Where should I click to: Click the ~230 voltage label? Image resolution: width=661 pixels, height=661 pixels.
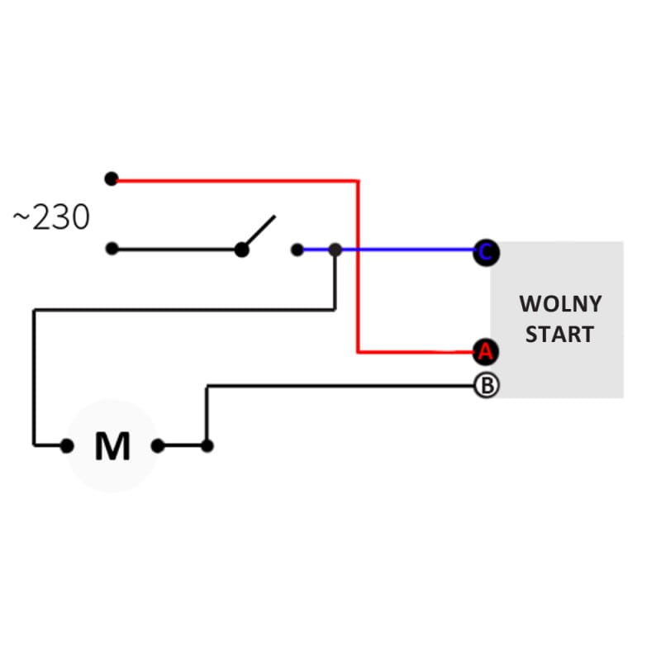point(51,218)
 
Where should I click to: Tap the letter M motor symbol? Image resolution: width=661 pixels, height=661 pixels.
point(112,446)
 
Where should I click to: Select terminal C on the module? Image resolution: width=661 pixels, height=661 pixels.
point(485,252)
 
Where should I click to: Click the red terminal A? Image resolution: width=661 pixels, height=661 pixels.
point(485,352)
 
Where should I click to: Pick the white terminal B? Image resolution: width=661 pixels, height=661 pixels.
point(486,385)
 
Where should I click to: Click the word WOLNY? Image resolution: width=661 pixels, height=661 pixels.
point(560,304)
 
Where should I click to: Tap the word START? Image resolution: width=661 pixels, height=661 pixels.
point(559,335)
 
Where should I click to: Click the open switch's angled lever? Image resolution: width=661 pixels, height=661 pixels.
point(259,231)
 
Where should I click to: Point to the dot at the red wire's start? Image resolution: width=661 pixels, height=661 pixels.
point(112,179)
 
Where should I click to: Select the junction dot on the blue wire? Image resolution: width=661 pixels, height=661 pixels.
point(335,250)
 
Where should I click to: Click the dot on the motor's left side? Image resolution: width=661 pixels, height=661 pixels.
point(67,446)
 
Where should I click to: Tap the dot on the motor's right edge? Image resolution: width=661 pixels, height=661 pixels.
point(157,446)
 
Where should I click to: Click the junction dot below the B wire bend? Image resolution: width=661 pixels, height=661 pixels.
point(207,446)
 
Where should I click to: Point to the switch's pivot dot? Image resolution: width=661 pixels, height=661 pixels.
point(241,250)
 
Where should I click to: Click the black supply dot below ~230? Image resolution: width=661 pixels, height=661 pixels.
point(112,249)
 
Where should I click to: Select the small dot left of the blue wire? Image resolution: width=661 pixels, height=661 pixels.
point(297,249)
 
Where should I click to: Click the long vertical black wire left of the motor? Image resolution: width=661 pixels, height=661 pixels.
point(34,376)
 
